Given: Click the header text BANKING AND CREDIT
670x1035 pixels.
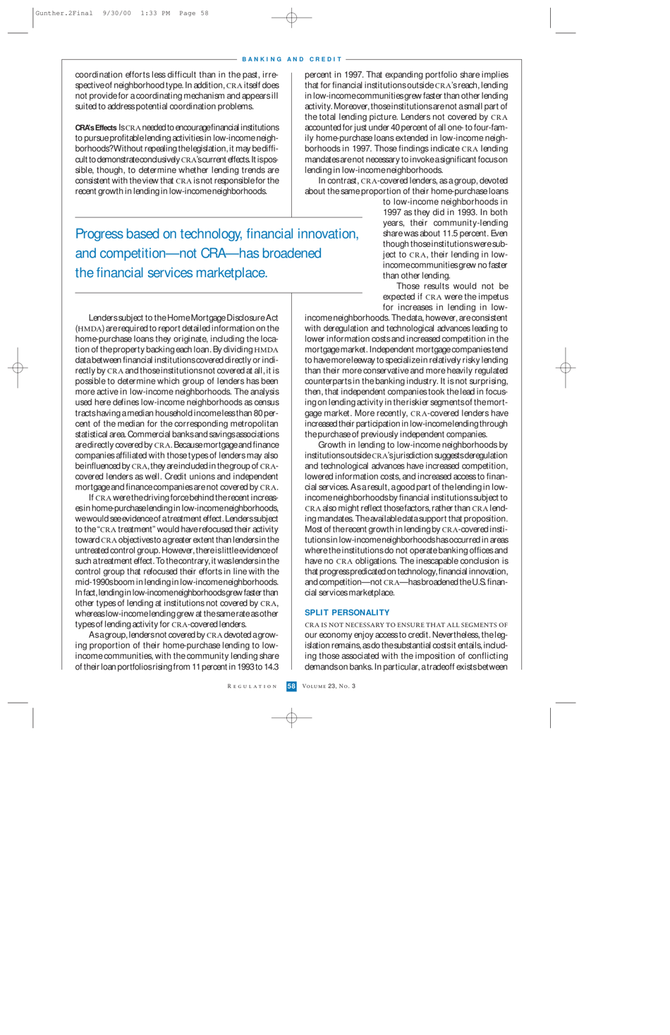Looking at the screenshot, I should pos(292,59).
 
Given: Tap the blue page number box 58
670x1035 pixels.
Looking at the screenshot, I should pos(291,686).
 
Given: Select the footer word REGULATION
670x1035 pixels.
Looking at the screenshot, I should pos(252,686).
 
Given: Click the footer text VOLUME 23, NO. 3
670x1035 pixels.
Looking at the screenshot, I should pos(329,686).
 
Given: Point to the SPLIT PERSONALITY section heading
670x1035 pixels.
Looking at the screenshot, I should pos(347,612).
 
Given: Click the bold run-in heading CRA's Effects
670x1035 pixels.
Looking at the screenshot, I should pos(95,128).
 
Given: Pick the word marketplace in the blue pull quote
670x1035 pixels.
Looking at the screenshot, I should pos(233,273).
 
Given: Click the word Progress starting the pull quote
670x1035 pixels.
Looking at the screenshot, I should pos(102,234).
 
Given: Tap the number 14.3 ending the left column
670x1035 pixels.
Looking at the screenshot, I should pos(272,667).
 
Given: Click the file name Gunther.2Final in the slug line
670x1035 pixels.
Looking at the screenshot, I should pos(63,13).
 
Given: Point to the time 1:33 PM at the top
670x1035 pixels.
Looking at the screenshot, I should pos(155,13).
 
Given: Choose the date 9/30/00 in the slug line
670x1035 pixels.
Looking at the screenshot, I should pos(116,13).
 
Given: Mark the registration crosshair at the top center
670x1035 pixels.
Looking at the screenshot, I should pos(291,18).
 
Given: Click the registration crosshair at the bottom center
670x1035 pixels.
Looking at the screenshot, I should pos(291,718).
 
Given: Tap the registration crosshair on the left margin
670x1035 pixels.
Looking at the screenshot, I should pos(18,368).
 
